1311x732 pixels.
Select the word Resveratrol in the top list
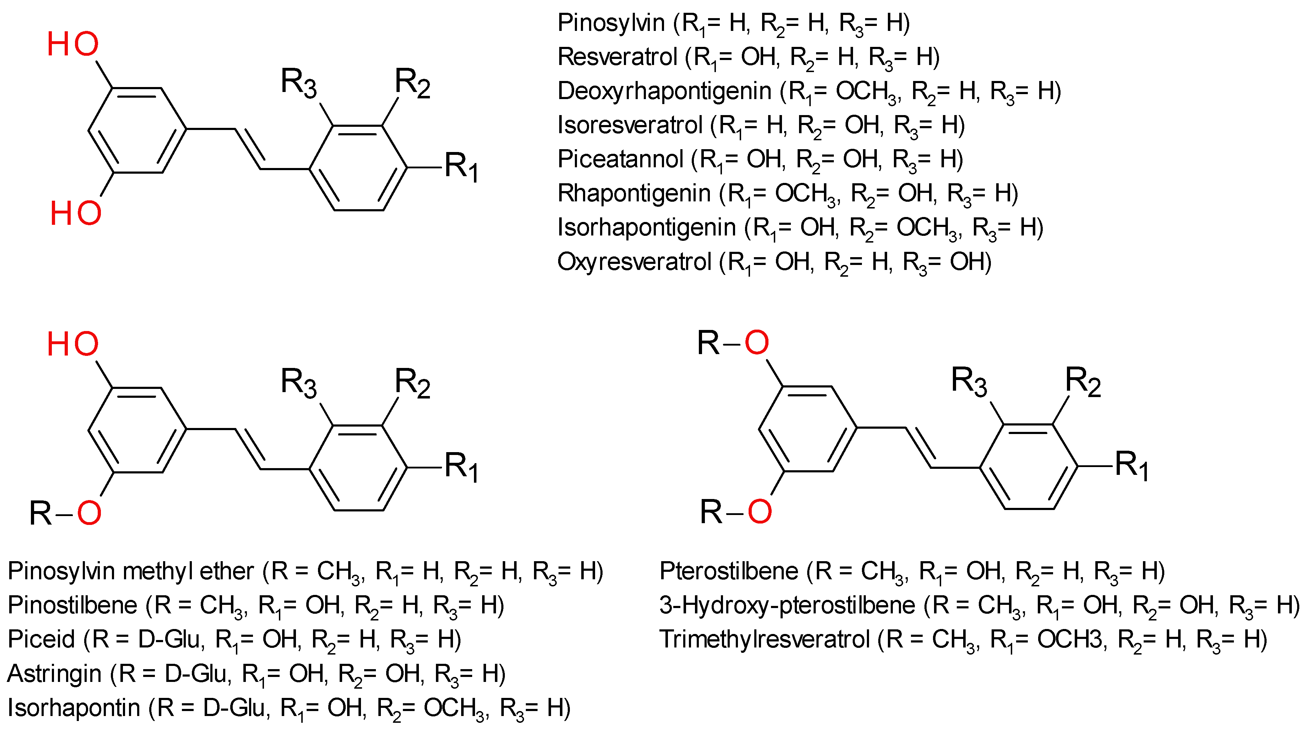(x=617, y=57)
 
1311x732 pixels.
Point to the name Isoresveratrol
(x=630, y=125)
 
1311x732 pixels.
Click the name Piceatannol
(x=620, y=159)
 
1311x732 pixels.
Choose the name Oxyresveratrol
(x=633, y=262)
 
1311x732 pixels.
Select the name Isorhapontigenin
(x=646, y=227)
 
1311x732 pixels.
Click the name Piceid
(x=41, y=639)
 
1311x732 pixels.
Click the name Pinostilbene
(x=72, y=605)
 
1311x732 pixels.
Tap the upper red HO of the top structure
(x=73, y=44)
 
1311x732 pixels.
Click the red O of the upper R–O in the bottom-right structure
(x=756, y=342)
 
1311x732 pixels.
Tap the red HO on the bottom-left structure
(x=73, y=345)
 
